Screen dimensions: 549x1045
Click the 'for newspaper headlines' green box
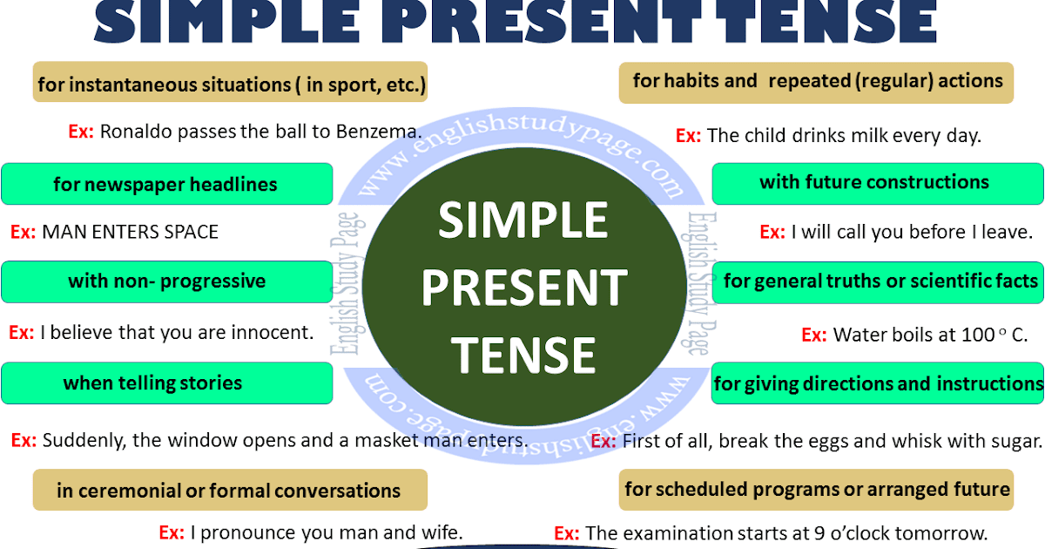(x=166, y=185)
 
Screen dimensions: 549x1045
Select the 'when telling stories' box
(x=166, y=383)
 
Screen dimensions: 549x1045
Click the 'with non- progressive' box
(x=166, y=281)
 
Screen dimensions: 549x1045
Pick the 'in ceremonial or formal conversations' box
(x=230, y=491)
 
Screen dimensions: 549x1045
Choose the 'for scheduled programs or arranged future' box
(x=817, y=489)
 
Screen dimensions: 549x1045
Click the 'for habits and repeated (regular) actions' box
(x=817, y=82)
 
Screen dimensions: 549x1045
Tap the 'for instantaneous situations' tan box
(x=230, y=84)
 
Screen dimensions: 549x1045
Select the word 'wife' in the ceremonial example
(x=440, y=532)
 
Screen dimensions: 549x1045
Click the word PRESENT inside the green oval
(x=523, y=287)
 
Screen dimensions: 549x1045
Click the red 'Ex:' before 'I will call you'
(x=772, y=233)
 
